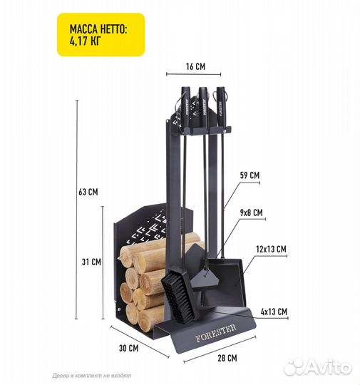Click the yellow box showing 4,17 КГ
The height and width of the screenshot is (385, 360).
(x=101, y=35)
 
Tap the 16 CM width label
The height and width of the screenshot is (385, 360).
(x=195, y=66)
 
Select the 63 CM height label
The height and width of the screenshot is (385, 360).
(x=88, y=192)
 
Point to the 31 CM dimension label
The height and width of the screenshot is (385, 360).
(x=91, y=262)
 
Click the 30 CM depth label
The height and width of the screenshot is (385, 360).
(x=129, y=348)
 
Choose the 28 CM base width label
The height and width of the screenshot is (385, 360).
(x=227, y=358)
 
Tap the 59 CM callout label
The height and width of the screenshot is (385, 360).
(x=250, y=175)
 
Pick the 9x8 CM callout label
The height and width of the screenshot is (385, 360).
(x=251, y=212)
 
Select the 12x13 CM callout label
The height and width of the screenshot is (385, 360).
(x=271, y=250)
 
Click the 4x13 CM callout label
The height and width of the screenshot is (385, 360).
(x=274, y=312)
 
